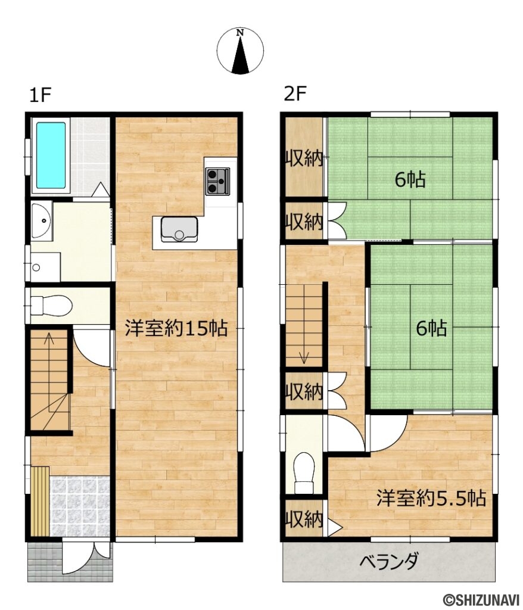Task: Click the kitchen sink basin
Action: pyautogui.click(x=179, y=229)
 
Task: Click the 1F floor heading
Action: pyautogui.click(x=41, y=95)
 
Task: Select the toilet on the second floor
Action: pyautogui.click(x=304, y=469)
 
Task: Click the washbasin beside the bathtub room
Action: pyautogui.click(x=41, y=220)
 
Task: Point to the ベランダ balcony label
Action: pyautogui.click(x=389, y=561)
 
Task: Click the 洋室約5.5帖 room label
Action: pyautogui.click(x=431, y=498)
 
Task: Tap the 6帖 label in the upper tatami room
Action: pyautogui.click(x=411, y=179)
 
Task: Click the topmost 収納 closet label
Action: pyautogui.click(x=303, y=158)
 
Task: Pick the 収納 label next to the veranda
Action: pyautogui.click(x=303, y=520)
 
